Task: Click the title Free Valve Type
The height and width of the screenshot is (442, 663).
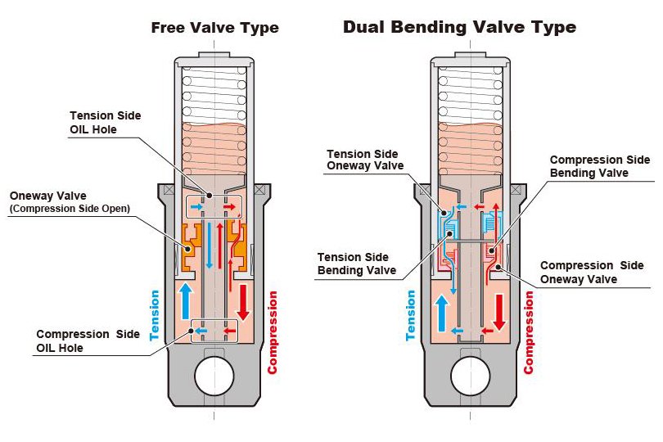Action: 215,28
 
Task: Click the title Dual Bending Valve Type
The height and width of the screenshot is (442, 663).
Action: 459,28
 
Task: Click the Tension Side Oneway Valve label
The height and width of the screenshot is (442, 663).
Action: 362,160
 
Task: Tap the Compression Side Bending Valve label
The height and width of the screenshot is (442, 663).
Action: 599,166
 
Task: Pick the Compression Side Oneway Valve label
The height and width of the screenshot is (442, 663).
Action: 591,272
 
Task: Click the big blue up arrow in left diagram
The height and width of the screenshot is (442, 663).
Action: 186,300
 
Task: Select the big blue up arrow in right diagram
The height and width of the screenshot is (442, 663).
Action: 443,311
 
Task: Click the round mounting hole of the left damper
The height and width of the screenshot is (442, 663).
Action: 214,376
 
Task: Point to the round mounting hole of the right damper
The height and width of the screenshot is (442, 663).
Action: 471,376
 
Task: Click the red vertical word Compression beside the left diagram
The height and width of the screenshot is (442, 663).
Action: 273,333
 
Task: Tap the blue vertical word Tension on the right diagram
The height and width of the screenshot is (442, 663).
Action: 411,314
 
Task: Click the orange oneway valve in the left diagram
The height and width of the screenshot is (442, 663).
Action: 191,246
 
